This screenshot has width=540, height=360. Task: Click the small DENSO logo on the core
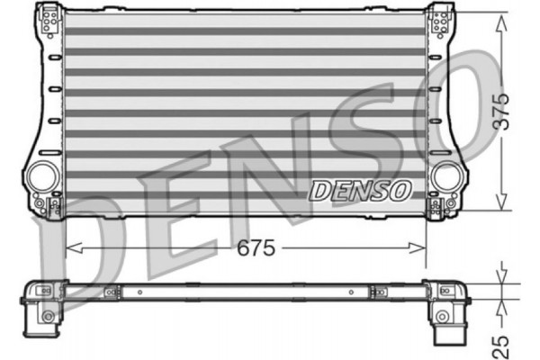click(x=360, y=191)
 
